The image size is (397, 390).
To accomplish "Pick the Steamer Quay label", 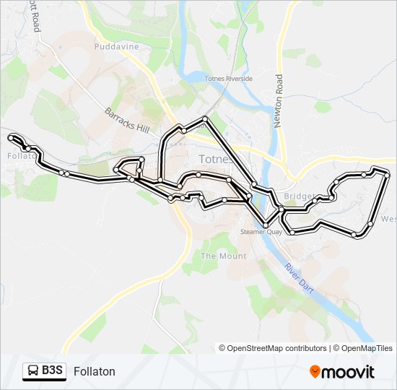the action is pyautogui.click(x=261, y=232).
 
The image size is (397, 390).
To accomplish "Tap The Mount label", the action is pyautogui.click(x=223, y=256).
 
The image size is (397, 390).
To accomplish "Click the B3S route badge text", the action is pyautogui.click(x=52, y=370).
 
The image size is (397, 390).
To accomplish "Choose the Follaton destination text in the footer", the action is pyautogui.click(x=94, y=371).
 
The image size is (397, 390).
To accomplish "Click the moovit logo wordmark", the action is pyautogui.click(x=348, y=372).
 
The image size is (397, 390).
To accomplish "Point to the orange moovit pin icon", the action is pyautogui.click(x=315, y=371).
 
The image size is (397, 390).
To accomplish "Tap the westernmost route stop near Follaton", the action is pyautogui.click(x=11, y=136).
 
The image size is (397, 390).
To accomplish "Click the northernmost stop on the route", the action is pyautogui.click(x=206, y=118).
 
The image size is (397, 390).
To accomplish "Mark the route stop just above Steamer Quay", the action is pyautogui.click(x=265, y=225).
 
